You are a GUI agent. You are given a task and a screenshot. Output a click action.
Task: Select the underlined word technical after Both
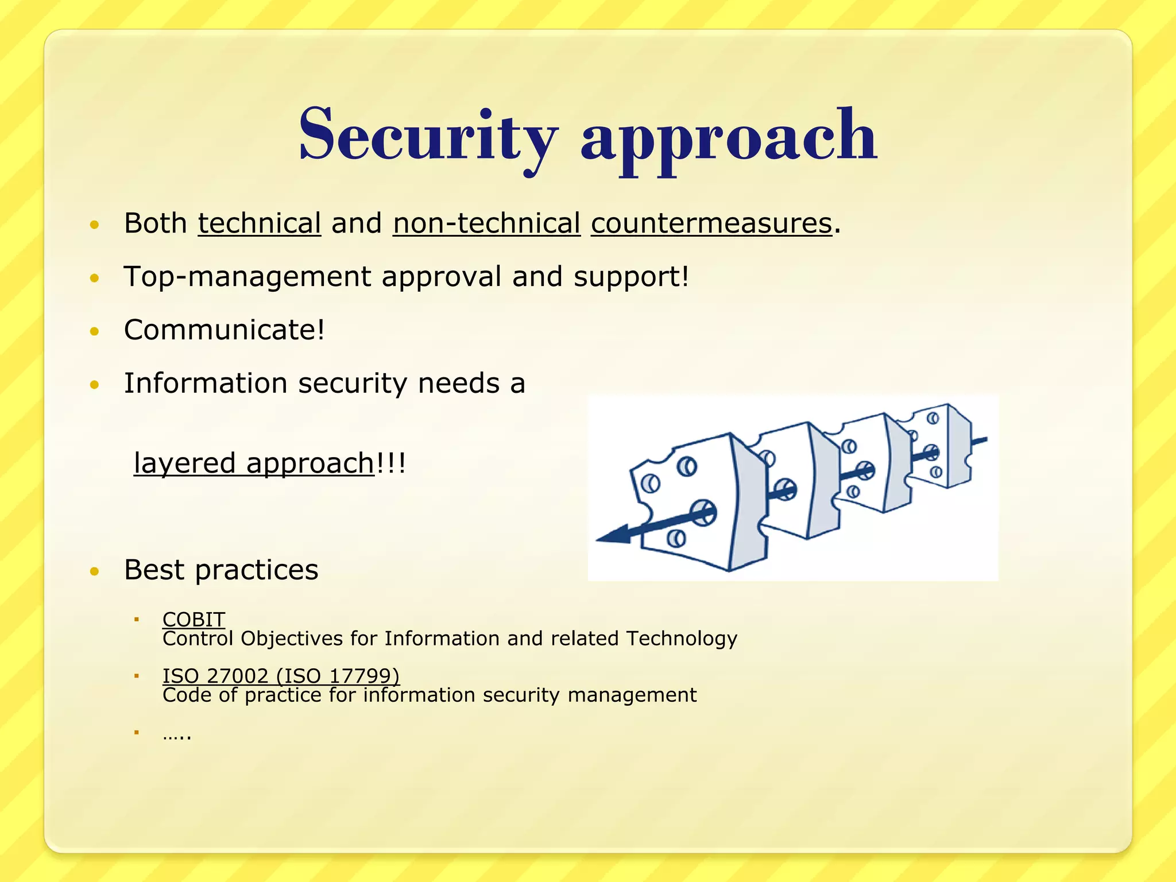[x=259, y=223]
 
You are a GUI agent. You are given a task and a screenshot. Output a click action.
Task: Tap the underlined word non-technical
[x=486, y=223]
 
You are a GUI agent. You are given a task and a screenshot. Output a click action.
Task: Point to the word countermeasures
[x=711, y=223]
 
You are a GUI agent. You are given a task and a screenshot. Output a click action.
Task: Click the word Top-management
[x=247, y=277]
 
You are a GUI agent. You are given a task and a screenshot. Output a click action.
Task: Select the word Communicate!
[x=225, y=330]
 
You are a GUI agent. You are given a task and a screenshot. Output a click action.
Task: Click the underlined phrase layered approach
[x=254, y=463]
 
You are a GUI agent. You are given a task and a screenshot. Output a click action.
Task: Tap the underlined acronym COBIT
[x=194, y=619]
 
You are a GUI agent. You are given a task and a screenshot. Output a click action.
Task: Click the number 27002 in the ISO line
[x=238, y=676]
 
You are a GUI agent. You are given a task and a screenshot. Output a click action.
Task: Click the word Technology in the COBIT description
[x=682, y=639]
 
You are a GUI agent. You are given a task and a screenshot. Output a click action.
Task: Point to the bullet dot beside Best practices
[x=95, y=571]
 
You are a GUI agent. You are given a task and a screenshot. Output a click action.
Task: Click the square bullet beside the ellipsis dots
[x=137, y=732]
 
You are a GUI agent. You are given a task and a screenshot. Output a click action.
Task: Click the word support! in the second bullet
[x=630, y=277]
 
